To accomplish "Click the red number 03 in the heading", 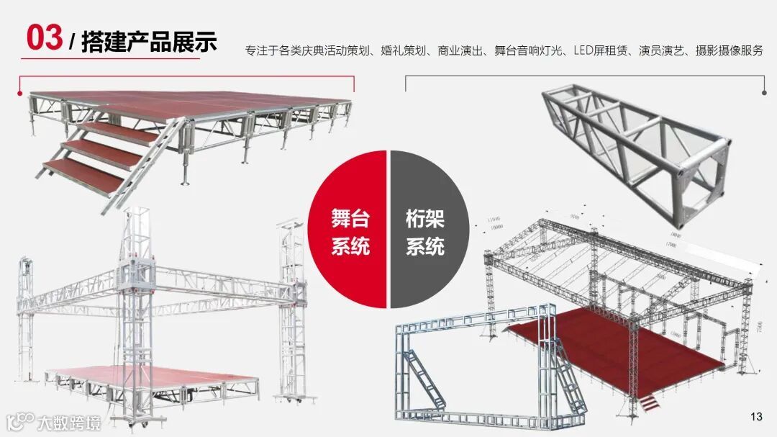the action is click(x=44, y=37).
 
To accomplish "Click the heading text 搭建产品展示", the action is click(x=149, y=42).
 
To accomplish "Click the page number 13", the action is click(x=755, y=417).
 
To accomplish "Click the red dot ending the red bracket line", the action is click(x=19, y=93).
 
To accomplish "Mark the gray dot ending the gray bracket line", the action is click(x=764, y=91).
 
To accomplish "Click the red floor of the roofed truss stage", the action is click(x=612, y=346).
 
